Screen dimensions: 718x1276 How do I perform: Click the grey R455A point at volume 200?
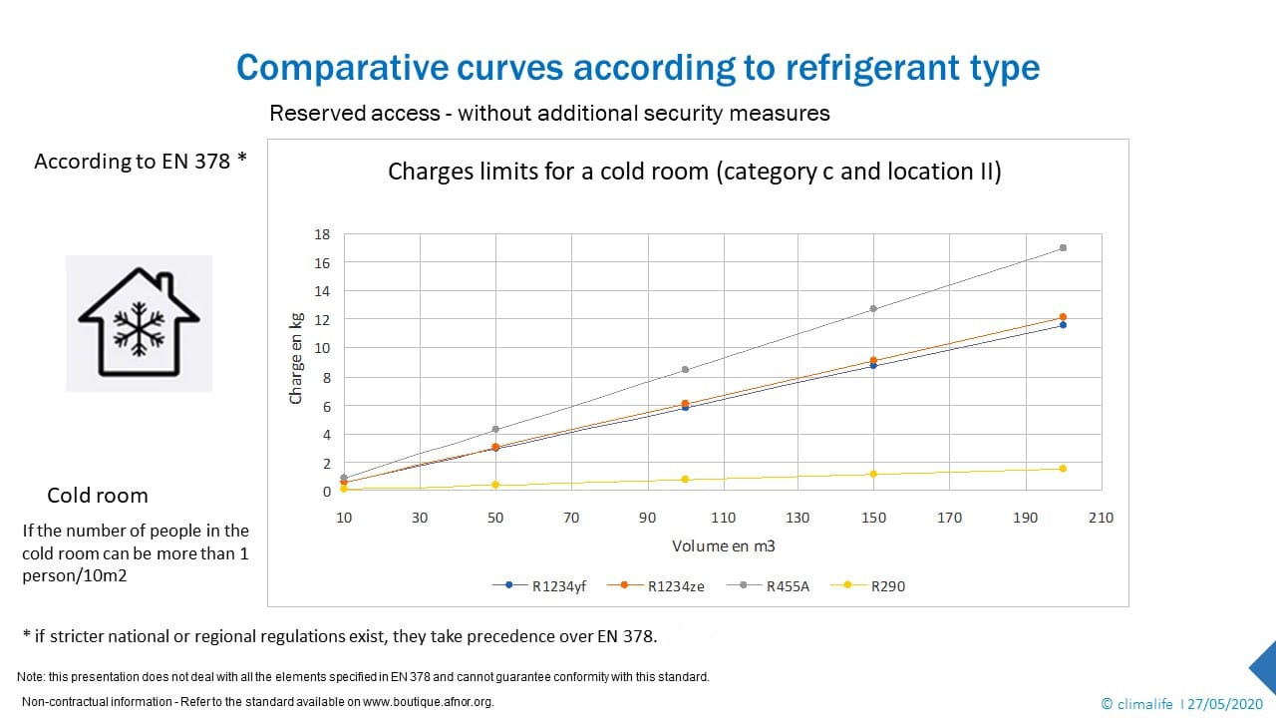tap(1063, 247)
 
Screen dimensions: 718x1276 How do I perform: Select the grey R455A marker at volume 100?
tap(685, 370)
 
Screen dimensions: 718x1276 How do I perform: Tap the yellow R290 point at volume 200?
tap(1063, 469)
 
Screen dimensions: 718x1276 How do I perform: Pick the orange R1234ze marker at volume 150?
tap(873, 361)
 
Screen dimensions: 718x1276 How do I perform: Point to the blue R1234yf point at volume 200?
tap(1063, 325)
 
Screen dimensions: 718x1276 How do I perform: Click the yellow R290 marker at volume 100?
tap(685, 480)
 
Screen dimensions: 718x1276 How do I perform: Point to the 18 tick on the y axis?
tap(322, 234)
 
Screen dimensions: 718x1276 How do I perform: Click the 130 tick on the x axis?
tap(797, 518)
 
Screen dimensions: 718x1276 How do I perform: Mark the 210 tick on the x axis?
tap(1102, 518)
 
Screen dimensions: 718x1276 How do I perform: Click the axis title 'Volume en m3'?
tap(723, 546)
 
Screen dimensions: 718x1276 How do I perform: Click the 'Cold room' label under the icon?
tap(97, 496)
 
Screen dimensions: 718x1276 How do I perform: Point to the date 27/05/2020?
tap(1216, 701)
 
